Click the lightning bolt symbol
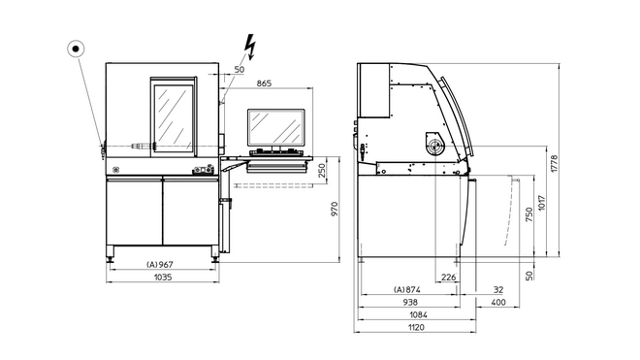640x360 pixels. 250,46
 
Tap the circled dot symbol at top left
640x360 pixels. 75,48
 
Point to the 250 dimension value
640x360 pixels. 321,170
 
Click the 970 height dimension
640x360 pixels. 335,209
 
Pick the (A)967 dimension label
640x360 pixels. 159,264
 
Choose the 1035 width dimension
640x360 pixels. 160,278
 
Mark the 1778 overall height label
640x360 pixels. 556,161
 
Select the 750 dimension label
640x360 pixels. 528,216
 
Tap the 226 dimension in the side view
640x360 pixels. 448,278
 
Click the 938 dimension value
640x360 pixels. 412,303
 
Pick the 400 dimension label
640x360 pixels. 498,303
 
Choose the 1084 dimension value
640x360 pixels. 418,315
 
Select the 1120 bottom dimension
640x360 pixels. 418,328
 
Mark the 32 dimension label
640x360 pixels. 497,290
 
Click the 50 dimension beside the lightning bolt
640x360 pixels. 239,70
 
